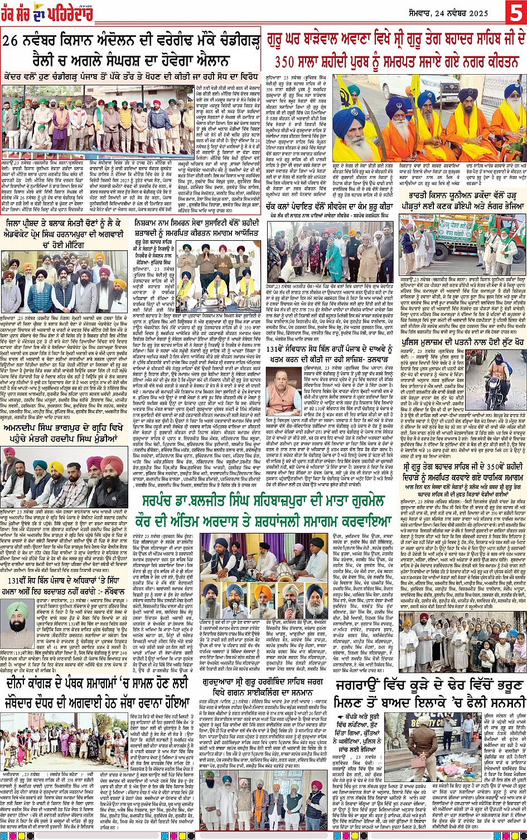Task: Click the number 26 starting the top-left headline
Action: click(x=15, y=41)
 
